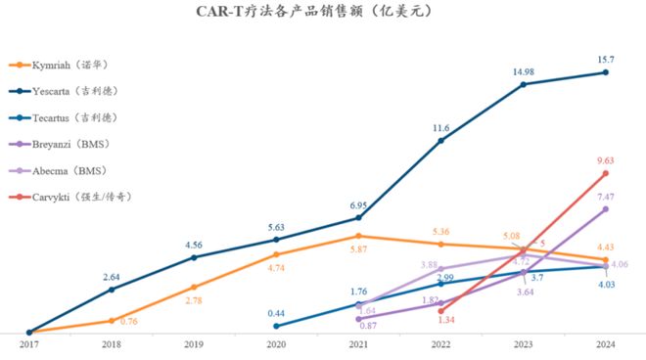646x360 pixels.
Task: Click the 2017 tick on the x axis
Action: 29,344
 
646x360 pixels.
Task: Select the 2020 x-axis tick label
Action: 276,344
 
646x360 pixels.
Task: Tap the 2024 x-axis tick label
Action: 606,344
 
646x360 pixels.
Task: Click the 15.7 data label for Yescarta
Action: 607,59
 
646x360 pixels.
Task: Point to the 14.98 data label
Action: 524,70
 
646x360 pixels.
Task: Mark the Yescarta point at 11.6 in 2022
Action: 440,141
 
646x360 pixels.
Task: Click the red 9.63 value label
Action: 607,160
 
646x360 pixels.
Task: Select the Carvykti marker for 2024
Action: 606,173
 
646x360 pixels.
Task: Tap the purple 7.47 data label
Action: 607,196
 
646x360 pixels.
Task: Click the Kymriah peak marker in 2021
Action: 358,236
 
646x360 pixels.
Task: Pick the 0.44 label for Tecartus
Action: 276,313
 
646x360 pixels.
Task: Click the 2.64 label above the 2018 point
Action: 112,276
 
